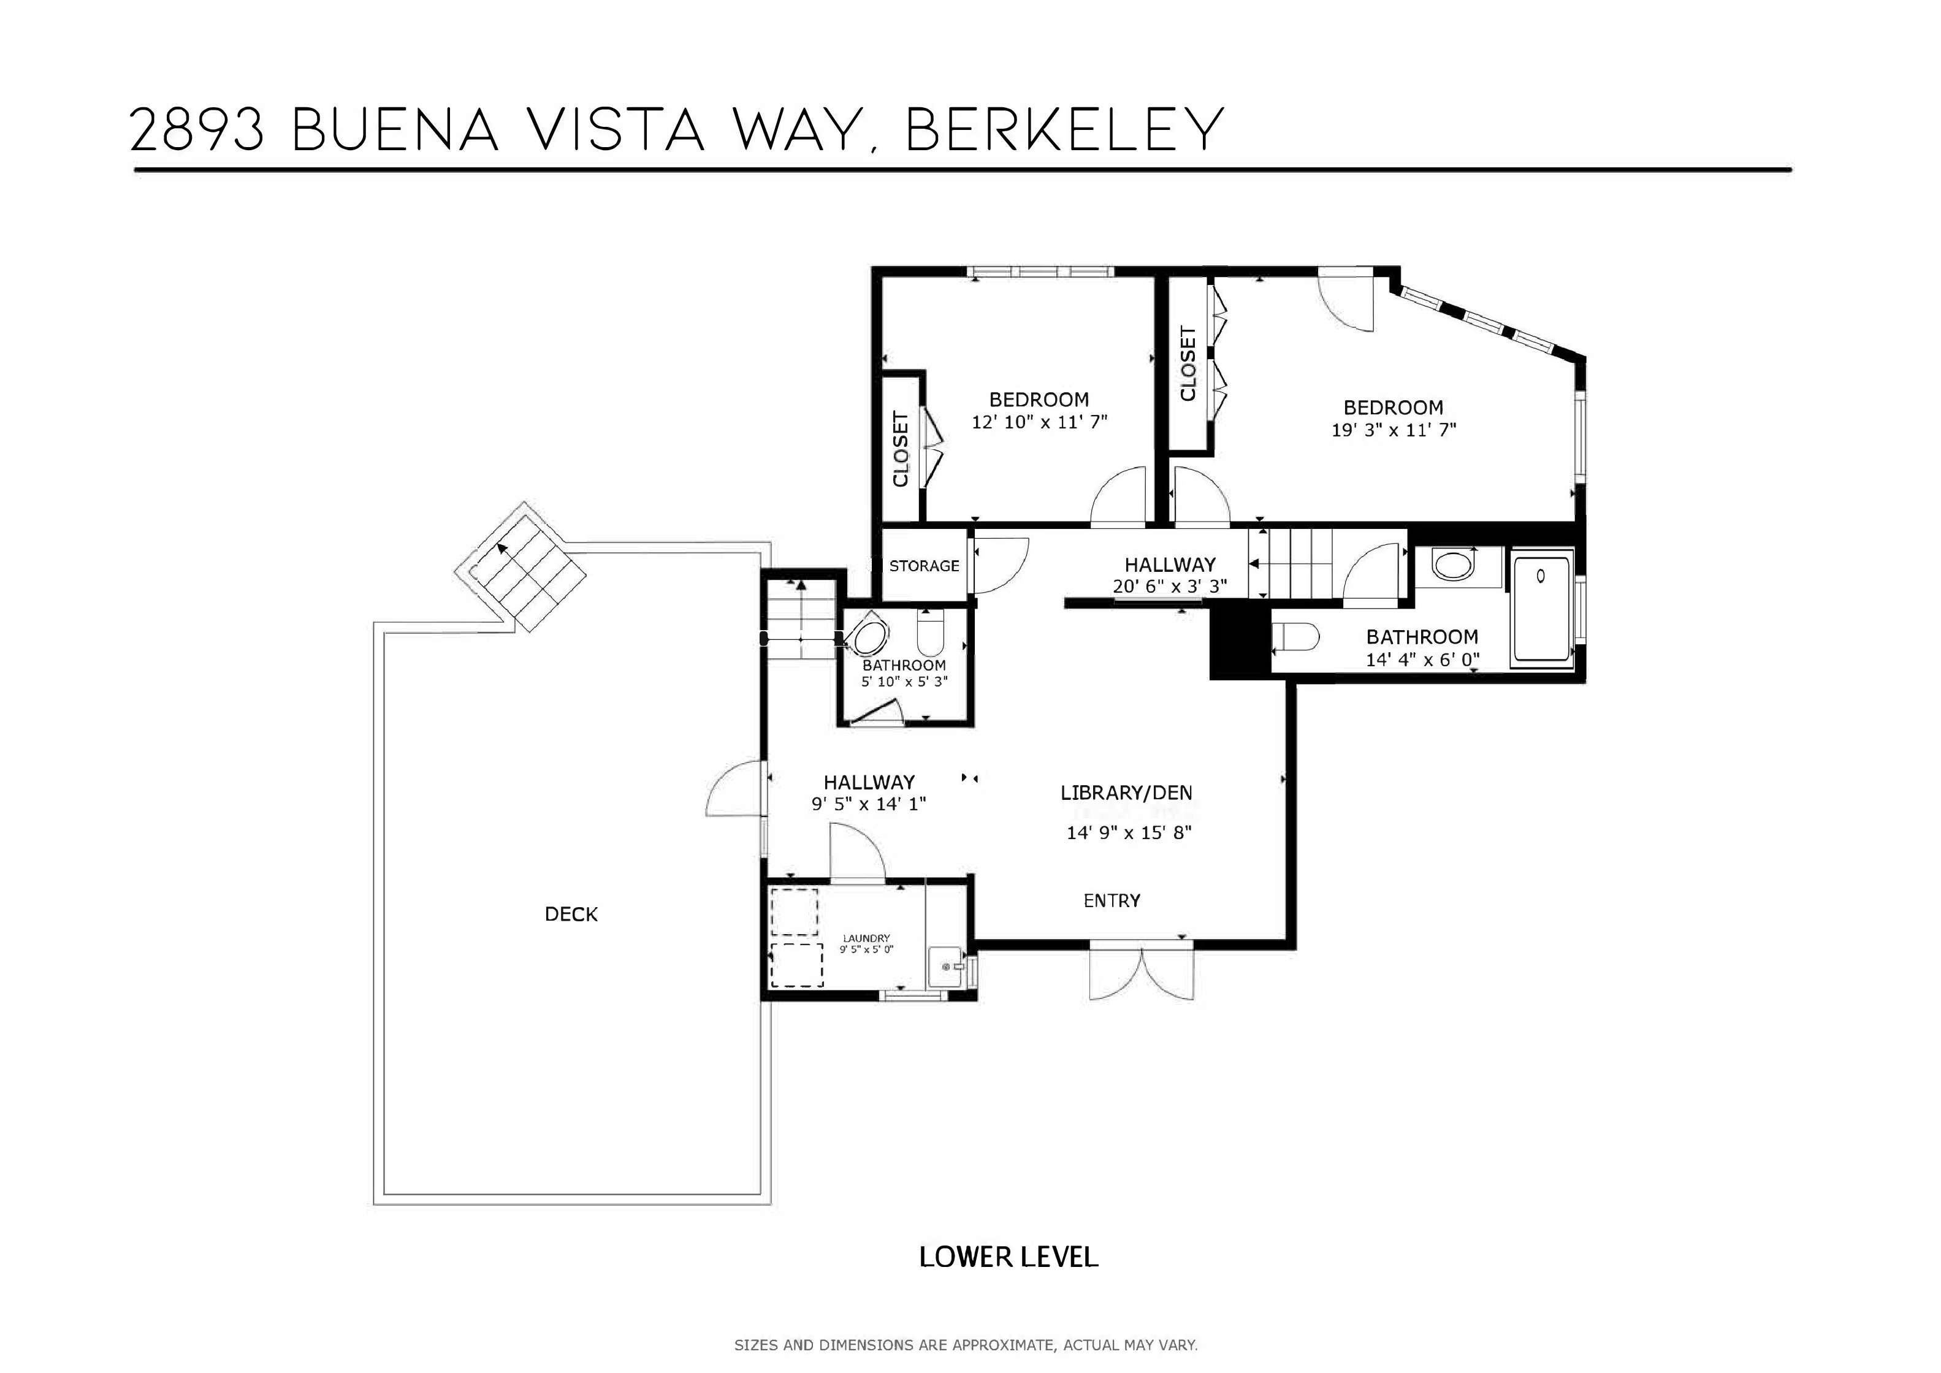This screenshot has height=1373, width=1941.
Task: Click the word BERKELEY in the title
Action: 1065,129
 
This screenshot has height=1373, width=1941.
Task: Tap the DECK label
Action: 571,914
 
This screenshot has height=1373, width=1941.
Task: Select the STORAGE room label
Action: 924,566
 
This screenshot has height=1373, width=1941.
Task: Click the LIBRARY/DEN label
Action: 1126,793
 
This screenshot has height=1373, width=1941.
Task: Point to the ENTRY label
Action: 1112,901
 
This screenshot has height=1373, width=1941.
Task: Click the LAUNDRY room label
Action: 866,938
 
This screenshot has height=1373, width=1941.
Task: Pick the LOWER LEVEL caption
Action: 1009,1257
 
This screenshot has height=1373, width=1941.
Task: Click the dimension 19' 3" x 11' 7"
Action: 1394,430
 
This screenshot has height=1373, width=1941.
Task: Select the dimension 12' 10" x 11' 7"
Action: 1039,422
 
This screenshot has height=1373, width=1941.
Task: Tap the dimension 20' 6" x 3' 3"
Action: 1169,586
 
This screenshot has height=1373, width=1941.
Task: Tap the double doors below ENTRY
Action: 1142,972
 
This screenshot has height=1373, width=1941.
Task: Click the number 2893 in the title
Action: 197,129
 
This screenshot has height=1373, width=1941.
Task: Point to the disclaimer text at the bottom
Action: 966,1345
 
